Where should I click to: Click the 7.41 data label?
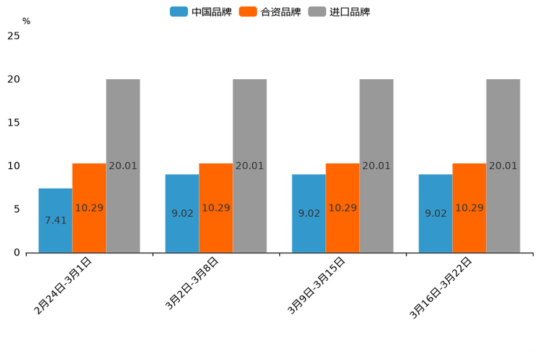[55, 220]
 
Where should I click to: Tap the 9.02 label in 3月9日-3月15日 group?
[309, 213]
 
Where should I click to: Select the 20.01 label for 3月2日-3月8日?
[250, 165]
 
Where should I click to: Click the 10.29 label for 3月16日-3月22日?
[469, 208]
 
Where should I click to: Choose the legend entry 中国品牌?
[201, 12]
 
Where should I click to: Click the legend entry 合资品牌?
[270, 12]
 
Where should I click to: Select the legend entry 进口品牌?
[339, 12]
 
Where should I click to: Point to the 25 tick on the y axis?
[14, 36]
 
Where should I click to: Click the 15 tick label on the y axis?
[14, 122]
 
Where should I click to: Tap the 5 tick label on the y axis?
[17, 209]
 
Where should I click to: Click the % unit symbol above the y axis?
[26, 21]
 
